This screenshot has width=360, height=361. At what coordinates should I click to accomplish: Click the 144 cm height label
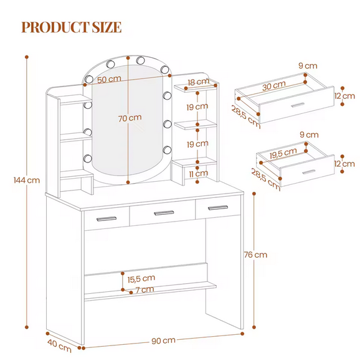click(x=27, y=180)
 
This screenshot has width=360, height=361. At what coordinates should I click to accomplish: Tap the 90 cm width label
click(x=164, y=340)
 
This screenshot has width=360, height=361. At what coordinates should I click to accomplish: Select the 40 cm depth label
click(x=59, y=346)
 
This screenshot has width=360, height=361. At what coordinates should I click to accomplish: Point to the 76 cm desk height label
click(x=255, y=255)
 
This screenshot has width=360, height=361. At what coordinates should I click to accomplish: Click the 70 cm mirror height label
click(x=130, y=118)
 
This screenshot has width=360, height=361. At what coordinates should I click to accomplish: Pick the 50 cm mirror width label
click(x=109, y=80)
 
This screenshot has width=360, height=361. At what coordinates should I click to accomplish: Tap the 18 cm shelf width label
click(x=199, y=82)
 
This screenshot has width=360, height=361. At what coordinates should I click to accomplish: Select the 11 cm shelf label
click(x=199, y=174)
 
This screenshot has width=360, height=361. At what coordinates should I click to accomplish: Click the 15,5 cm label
click(x=141, y=279)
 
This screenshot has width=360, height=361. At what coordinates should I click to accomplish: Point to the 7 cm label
click(x=144, y=289)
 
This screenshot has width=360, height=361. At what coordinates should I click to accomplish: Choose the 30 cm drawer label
click(x=274, y=86)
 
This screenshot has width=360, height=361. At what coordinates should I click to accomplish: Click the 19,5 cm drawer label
click(x=283, y=153)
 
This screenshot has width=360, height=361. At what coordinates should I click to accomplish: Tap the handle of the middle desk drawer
click(x=164, y=213)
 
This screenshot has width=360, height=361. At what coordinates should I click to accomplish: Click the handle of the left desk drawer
click(x=107, y=218)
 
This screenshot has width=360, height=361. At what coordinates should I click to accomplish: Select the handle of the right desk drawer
click(x=218, y=208)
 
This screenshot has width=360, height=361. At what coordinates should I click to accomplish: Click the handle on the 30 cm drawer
click(x=298, y=105)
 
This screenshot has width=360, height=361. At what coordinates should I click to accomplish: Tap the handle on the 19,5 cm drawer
click(x=309, y=172)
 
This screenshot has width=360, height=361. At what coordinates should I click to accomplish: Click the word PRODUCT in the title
click(x=55, y=27)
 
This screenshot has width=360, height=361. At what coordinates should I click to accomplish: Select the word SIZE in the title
click(x=107, y=27)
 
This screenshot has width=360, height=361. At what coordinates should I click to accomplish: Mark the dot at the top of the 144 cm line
click(x=27, y=57)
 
